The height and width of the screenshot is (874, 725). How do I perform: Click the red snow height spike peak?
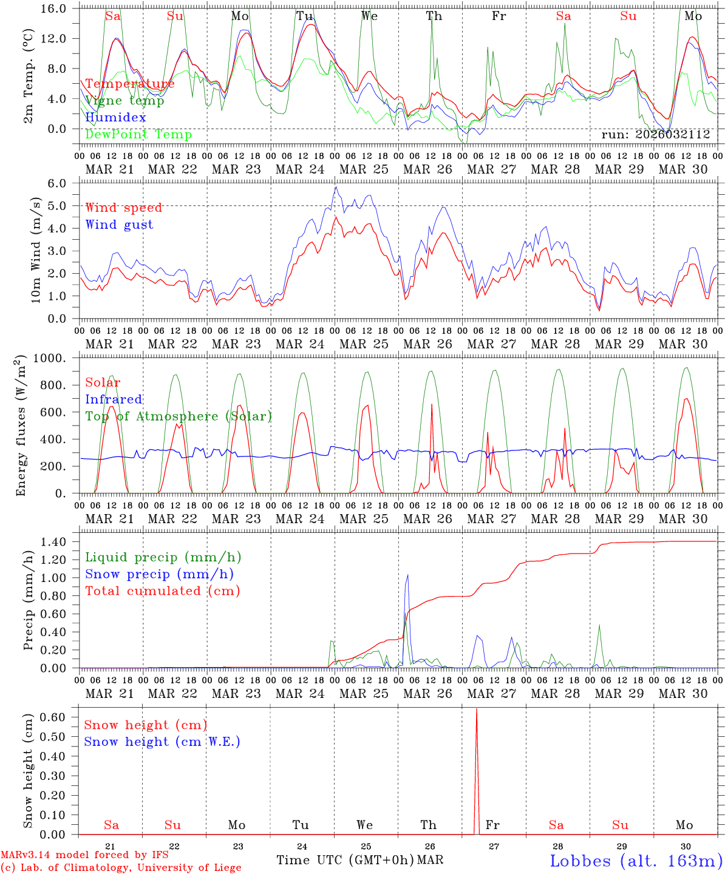(x=476, y=709)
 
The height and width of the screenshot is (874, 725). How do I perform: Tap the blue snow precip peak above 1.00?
(x=407, y=575)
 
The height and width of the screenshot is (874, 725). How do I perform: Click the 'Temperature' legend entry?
(x=129, y=84)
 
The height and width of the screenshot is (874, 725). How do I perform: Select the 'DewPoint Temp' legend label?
(x=138, y=134)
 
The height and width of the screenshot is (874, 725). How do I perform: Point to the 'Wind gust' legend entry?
(x=119, y=225)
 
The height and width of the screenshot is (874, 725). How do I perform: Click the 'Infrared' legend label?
(x=114, y=399)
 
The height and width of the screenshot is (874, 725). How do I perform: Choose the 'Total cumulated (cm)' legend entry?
(x=162, y=591)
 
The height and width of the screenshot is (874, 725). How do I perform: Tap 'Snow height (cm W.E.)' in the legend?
(x=162, y=742)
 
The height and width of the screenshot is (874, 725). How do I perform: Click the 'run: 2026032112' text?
(x=655, y=134)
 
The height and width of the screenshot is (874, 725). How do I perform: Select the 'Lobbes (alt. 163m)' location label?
(x=636, y=861)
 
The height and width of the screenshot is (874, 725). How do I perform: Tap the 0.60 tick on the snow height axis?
(x=58, y=717)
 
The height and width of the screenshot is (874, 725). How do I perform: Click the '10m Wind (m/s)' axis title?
(x=36, y=251)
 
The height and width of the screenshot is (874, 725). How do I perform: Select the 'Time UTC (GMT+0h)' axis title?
(x=345, y=860)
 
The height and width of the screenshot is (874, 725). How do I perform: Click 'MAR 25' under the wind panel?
(x=364, y=344)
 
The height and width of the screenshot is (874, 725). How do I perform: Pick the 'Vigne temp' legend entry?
(x=124, y=101)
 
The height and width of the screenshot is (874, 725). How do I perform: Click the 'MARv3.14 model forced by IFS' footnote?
(x=85, y=855)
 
